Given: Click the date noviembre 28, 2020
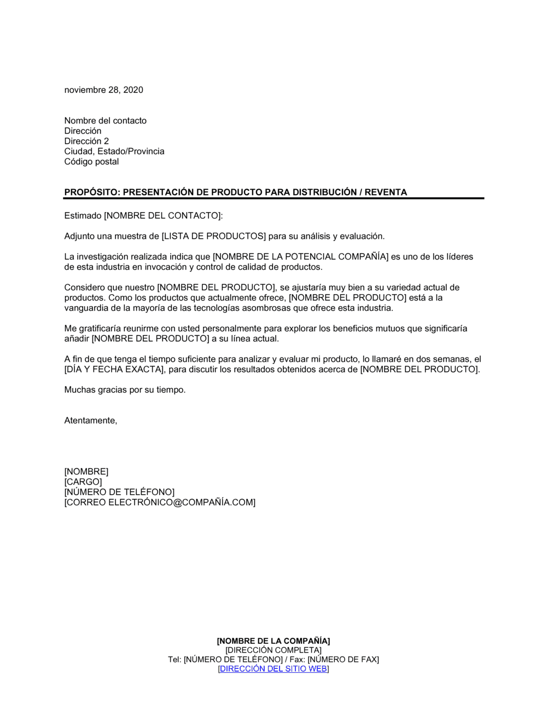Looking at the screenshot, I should click(103, 90).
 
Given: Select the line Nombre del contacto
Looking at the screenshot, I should click(105, 121).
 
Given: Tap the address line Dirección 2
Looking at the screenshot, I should click(86, 141).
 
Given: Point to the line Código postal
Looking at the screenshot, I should click(91, 162).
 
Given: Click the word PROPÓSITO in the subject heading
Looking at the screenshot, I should click(91, 192).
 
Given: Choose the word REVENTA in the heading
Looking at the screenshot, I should click(386, 192).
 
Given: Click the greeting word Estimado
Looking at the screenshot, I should click(83, 216).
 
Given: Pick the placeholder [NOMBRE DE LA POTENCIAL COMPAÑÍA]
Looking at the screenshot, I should click(300, 257).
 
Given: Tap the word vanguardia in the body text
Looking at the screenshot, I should click(87, 308).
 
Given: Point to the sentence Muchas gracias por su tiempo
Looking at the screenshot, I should click(125, 390).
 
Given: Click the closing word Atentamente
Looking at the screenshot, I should click(90, 421).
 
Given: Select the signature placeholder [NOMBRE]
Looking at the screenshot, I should click(86, 472).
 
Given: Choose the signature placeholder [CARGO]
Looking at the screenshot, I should click(83, 482).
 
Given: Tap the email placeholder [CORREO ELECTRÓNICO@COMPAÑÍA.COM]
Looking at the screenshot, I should click(160, 502).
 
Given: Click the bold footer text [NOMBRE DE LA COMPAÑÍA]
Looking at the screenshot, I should click(273, 641).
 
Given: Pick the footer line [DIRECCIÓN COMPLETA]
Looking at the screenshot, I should click(273, 650).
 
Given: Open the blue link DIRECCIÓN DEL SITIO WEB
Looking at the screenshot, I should click(273, 669).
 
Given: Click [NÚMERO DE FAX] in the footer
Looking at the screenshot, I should click(343, 660).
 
